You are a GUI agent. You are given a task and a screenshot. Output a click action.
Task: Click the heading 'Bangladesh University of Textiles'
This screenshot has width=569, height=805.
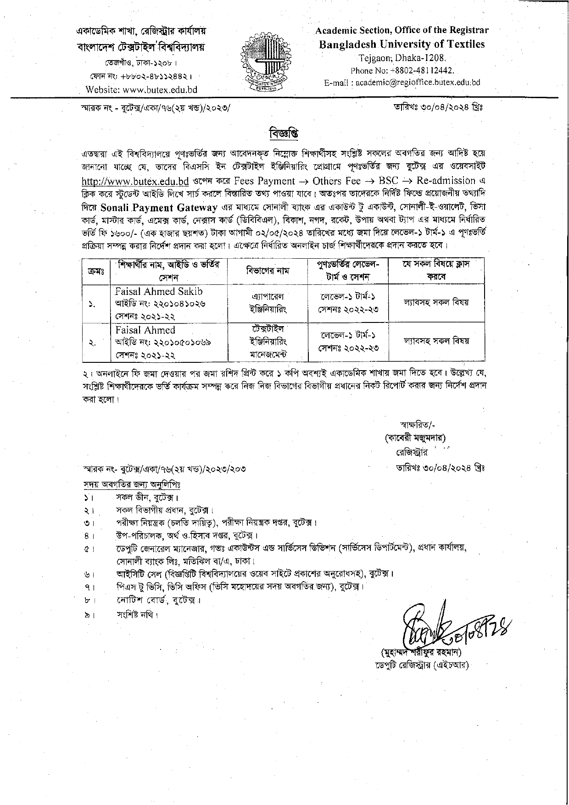coord(402,44)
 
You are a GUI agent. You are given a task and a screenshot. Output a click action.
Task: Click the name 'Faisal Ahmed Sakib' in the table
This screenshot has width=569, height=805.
coord(159,292)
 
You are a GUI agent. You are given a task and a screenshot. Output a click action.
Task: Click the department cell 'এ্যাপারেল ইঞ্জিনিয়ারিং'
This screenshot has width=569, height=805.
coord(267,303)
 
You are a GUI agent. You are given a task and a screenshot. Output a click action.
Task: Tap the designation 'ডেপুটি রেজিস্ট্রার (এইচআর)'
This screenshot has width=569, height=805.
coord(421,665)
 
